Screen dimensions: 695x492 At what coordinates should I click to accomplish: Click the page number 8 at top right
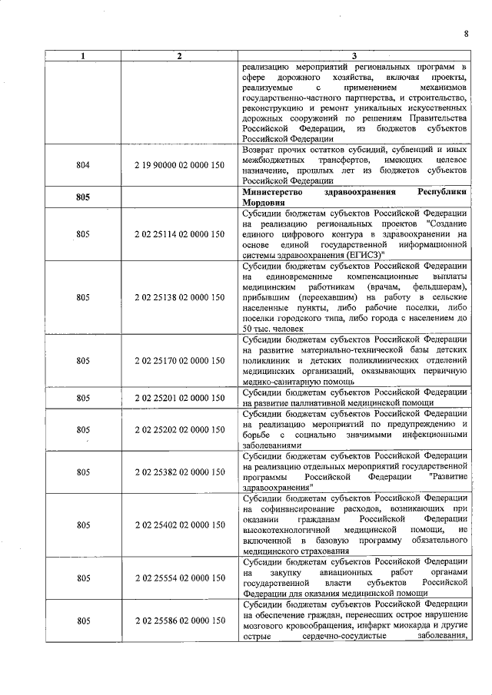point(466,33)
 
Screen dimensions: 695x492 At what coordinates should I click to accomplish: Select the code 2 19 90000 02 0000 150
point(179,165)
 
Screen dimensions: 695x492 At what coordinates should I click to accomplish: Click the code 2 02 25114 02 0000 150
point(179,234)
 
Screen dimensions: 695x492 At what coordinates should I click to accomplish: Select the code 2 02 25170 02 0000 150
point(179,359)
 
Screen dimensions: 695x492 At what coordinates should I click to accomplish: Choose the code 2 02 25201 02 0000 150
point(179,398)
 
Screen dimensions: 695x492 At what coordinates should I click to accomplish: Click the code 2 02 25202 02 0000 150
point(179,430)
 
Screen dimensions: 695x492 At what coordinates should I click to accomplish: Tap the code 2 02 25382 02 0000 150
point(179,472)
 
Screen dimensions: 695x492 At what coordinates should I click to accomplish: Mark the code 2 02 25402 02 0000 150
point(179,525)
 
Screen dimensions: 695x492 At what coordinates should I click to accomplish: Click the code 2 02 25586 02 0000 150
point(179,621)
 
